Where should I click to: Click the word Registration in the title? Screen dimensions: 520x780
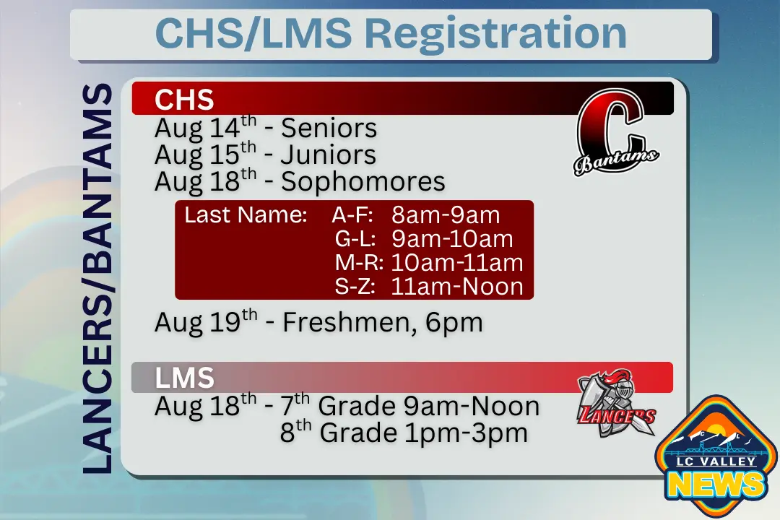pos(495,33)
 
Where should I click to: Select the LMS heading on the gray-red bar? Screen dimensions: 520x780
pos(185,378)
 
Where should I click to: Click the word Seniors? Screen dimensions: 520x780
pos(329,129)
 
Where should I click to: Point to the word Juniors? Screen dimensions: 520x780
pos(329,155)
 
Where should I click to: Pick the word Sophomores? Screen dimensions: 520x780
pos(363,181)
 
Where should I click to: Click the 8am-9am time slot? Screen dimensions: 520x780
pos(446,215)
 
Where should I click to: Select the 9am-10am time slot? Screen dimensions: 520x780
pos(452,239)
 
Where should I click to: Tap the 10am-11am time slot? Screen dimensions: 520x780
pos(456,263)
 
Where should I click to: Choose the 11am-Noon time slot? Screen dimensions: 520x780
pos(456,287)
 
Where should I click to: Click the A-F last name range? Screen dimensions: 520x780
pos(352,215)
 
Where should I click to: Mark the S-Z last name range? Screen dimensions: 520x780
pos(355,287)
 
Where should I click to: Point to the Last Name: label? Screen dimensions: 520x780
pos(246,215)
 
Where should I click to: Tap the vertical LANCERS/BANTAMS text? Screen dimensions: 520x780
pos(97,278)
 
